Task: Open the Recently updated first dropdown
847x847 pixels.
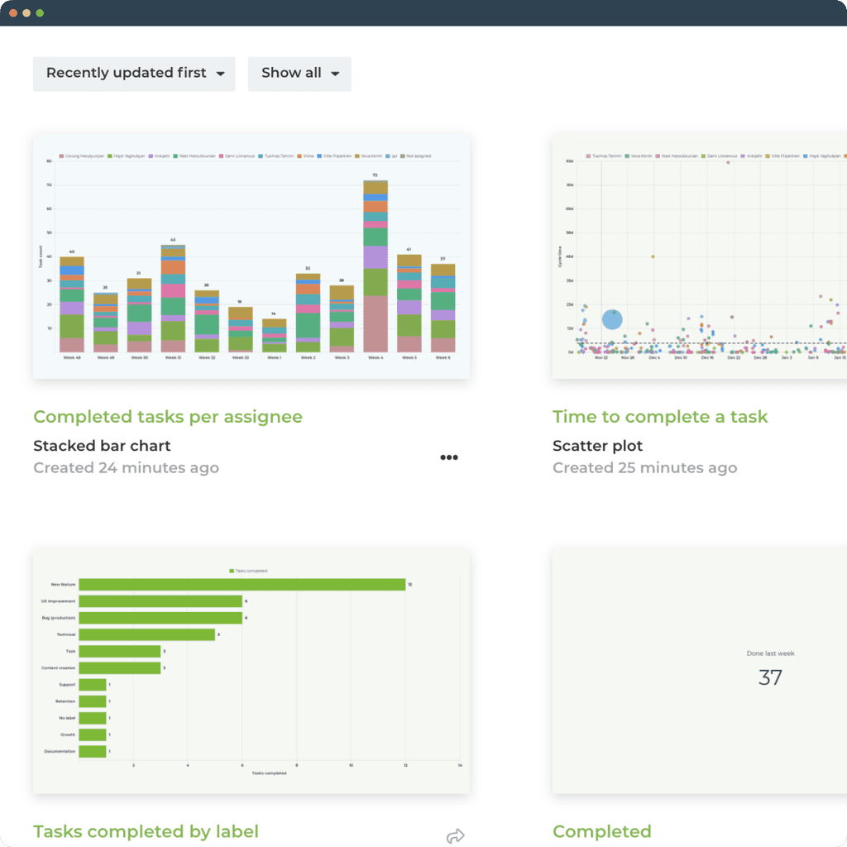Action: [134, 74]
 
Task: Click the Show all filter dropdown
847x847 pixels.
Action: [299, 74]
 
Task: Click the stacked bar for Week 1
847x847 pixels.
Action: [274, 336]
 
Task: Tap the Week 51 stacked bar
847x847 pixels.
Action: [173, 299]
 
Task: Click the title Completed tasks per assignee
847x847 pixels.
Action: [168, 417]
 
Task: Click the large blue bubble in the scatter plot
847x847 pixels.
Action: [612, 320]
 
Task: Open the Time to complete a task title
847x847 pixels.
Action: [660, 417]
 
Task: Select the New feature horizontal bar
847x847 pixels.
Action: [242, 585]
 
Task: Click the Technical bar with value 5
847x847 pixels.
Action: [146, 634]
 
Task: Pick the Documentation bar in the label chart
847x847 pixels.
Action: [93, 751]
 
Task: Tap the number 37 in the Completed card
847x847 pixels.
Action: [770, 678]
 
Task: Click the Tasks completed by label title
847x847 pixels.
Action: [146, 831]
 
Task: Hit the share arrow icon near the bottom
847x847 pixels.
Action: [455, 836]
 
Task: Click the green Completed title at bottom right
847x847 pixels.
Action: [601, 831]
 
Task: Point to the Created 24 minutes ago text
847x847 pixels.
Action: [126, 468]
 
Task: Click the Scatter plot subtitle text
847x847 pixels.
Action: [597, 446]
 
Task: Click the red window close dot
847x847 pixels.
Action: [13, 13]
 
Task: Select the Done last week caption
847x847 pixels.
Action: [770, 653]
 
